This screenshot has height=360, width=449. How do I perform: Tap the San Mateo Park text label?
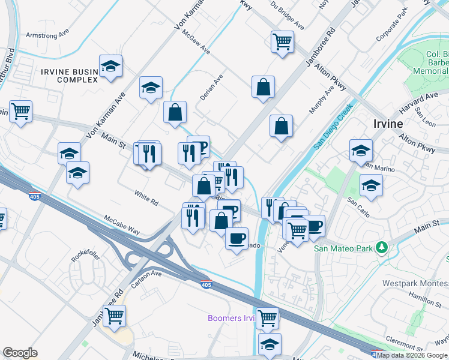343,248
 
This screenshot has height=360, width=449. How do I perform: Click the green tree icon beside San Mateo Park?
381,248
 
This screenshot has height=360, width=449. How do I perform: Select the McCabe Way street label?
122,225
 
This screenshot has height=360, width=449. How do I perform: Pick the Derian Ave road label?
211,87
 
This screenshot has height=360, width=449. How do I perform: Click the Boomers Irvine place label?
231,318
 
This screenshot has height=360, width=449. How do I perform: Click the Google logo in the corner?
20,353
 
